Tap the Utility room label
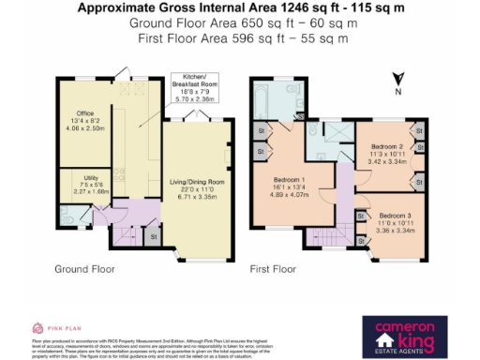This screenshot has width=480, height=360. (x=73, y=184)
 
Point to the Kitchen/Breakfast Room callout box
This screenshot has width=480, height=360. (x=200, y=82)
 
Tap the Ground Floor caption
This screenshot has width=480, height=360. (x=84, y=269)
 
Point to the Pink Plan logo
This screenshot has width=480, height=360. (x=51, y=328)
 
